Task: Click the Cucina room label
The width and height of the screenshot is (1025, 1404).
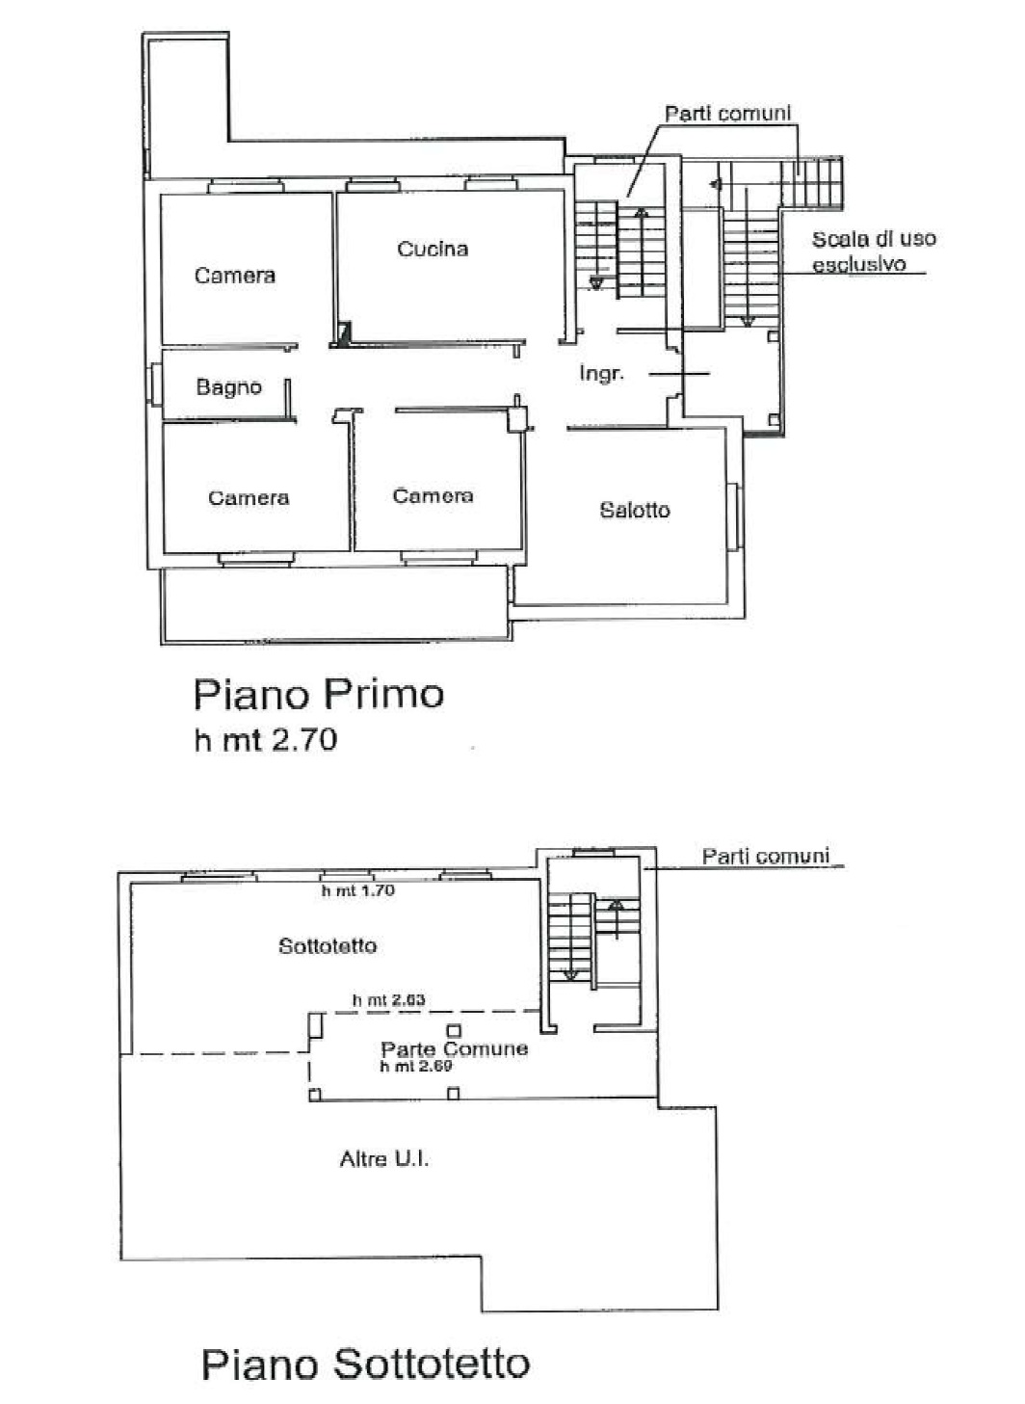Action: point(433,249)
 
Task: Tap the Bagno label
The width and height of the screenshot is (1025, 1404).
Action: point(228,386)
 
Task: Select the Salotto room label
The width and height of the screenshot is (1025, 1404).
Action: point(635,510)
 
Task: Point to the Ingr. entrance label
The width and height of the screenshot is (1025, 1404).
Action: point(601,374)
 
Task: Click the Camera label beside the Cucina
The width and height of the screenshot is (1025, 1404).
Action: point(234,276)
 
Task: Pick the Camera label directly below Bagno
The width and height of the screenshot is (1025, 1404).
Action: point(249,497)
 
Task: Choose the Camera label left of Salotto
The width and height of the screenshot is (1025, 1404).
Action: point(433,496)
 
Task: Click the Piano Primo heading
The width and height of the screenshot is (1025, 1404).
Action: point(319,695)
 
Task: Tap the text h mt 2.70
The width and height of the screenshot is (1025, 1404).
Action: point(266,740)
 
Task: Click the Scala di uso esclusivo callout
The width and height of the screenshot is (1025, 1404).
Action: point(873,251)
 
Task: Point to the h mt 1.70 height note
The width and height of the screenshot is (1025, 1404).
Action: point(357,890)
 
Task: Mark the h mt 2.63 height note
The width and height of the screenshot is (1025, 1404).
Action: point(388,999)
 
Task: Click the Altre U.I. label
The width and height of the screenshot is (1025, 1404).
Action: point(384,1159)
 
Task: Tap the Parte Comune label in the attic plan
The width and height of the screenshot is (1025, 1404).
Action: point(455,1048)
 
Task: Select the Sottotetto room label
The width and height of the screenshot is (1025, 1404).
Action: point(327,946)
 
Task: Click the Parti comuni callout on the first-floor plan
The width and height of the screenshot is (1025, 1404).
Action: point(727,114)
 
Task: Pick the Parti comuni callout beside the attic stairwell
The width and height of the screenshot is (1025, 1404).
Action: point(765,857)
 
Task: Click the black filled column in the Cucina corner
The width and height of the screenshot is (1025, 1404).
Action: point(344,333)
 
